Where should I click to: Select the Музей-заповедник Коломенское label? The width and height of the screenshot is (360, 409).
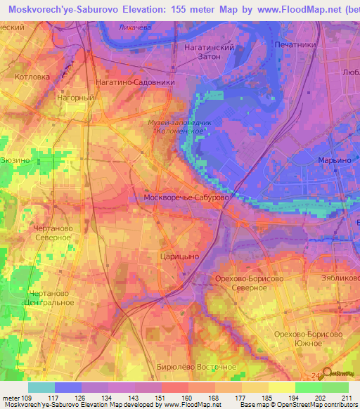(x=171, y=126)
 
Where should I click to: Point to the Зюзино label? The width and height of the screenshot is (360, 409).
(x=15, y=160)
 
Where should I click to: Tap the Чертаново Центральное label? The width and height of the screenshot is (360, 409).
(x=50, y=298)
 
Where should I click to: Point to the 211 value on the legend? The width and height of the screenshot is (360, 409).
(x=345, y=398)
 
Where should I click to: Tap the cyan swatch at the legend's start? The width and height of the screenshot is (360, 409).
(x=41, y=387)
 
